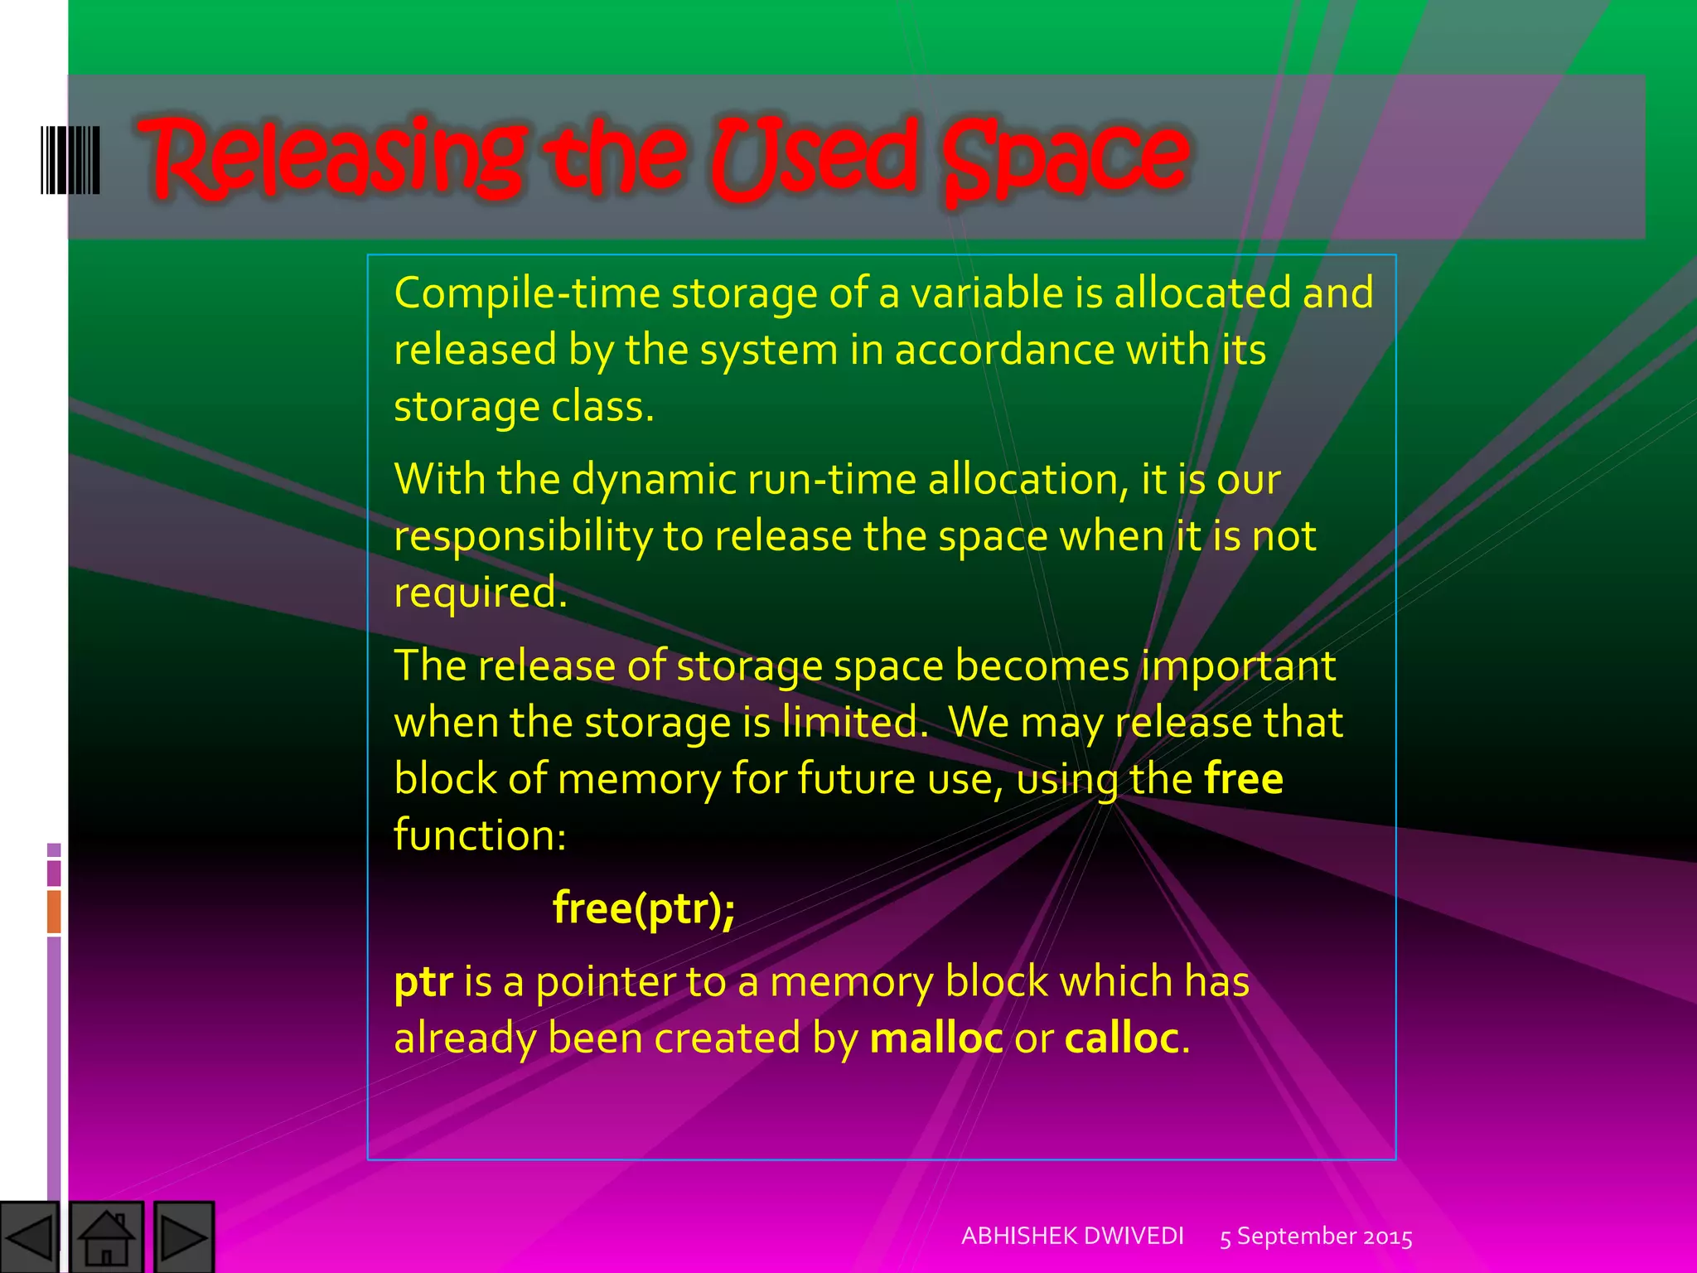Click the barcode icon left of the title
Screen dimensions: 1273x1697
pyautogui.click(x=70, y=160)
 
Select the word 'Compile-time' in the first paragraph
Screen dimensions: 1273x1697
pyautogui.click(x=527, y=293)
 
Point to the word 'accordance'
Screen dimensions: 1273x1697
pyautogui.click(x=1004, y=350)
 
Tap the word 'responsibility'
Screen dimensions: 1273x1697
pyautogui.click(x=523, y=537)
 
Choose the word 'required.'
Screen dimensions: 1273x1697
pyautogui.click(x=481, y=593)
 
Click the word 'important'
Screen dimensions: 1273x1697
pyautogui.click(x=1238, y=666)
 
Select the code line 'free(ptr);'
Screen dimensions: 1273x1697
pyautogui.click(x=644, y=908)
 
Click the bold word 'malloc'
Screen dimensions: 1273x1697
pyautogui.click(x=936, y=1038)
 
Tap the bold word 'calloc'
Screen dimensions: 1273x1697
pyautogui.click(x=1122, y=1038)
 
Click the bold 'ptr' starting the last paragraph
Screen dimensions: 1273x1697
pyautogui.click(x=423, y=983)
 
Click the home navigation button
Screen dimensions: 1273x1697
pyautogui.click(x=107, y=1237)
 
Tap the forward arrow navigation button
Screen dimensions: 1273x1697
pyautogui.click(x=184, y=1237)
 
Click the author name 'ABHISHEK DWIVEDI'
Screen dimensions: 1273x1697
pyautogui.click(x=1072, y=1237)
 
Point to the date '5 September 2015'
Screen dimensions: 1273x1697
pyautogui.click(x=1316, y=1237)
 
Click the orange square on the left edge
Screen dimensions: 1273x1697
pyautogui.click(x=54, y=911)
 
